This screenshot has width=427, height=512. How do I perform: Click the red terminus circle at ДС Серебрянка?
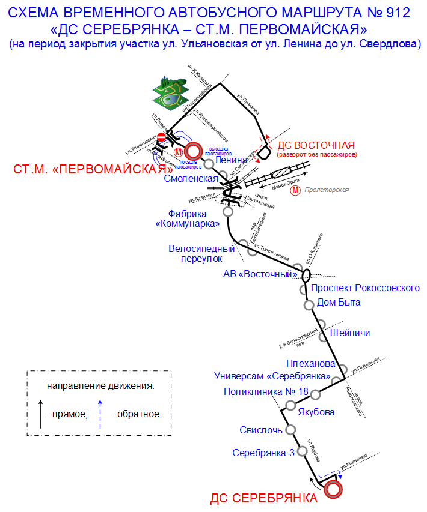333,489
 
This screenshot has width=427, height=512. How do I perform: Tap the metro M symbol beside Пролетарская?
295,191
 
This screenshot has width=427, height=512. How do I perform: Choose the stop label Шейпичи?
350,333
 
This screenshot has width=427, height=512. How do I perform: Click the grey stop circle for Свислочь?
290,430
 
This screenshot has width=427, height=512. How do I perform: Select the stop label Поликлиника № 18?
266,391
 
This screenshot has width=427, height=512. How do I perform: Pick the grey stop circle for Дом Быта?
309,304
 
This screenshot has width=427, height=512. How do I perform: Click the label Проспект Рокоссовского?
365,288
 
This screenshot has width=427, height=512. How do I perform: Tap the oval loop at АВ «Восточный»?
306,275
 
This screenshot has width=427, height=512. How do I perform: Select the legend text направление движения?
100,385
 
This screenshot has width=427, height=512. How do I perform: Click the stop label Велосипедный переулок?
201,253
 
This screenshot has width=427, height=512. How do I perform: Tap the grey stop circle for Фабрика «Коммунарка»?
228,212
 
